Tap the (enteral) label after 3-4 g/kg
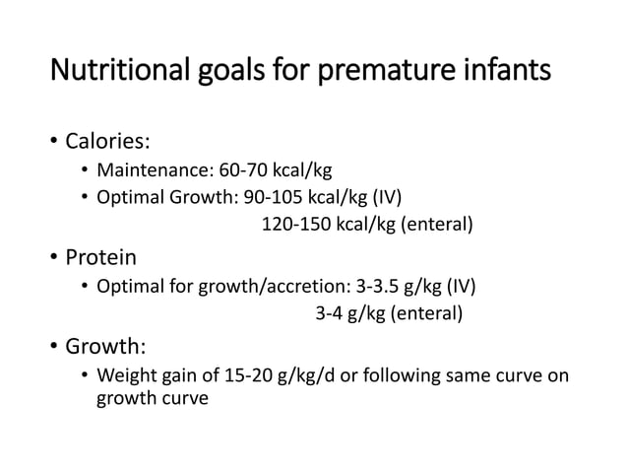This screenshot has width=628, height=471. [425, 315]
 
